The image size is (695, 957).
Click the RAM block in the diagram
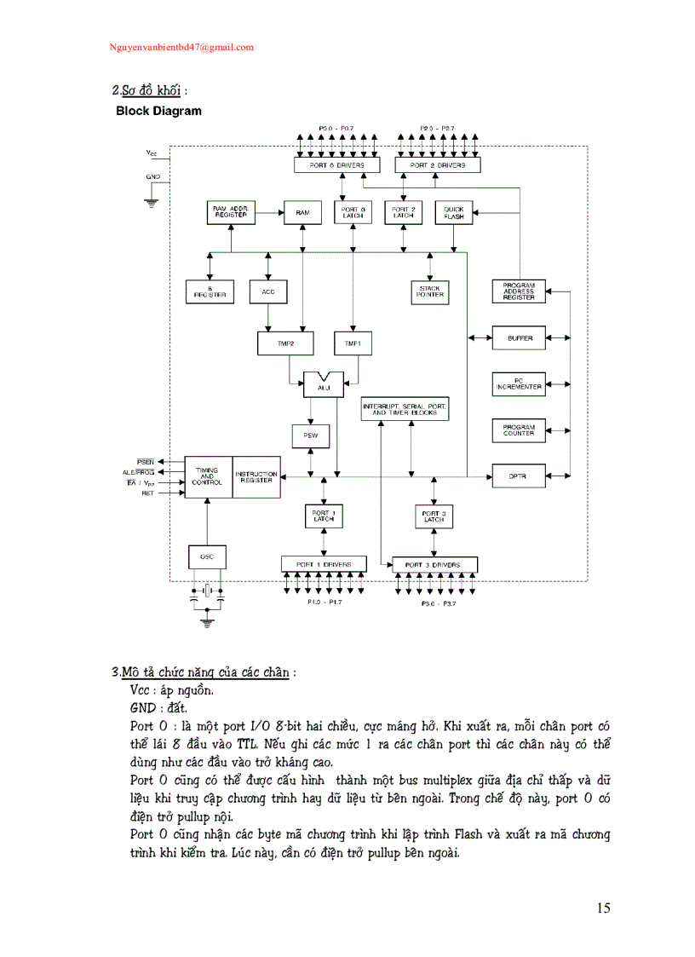[x=302, y=212]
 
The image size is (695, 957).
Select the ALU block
[x=324, y=385]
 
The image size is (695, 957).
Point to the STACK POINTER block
[x=429, y=292]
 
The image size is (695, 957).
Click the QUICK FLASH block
[x=453, y=212]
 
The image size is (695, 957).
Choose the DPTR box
[x=519, y=476]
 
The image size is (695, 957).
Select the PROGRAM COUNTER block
[x=519, y=430]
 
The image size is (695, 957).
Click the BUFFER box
[x=519, y=338]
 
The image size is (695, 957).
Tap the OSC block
[x=207, y=556]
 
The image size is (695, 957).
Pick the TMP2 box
[x=285, y=343]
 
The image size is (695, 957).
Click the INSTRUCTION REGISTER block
[x=256, y=476]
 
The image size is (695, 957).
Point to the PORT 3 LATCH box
[x=434, y=516]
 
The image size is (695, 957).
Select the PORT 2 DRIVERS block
[x=438, y=164]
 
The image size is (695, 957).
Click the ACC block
[x=268, y=292]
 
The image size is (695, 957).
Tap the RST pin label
[x=147, y=493]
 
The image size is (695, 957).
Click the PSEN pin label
[x=146, y=460]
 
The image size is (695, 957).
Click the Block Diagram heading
[x=158, y=111]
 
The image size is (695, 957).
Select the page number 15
[x=603, y=908]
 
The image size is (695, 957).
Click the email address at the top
[x=181, y=48]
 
